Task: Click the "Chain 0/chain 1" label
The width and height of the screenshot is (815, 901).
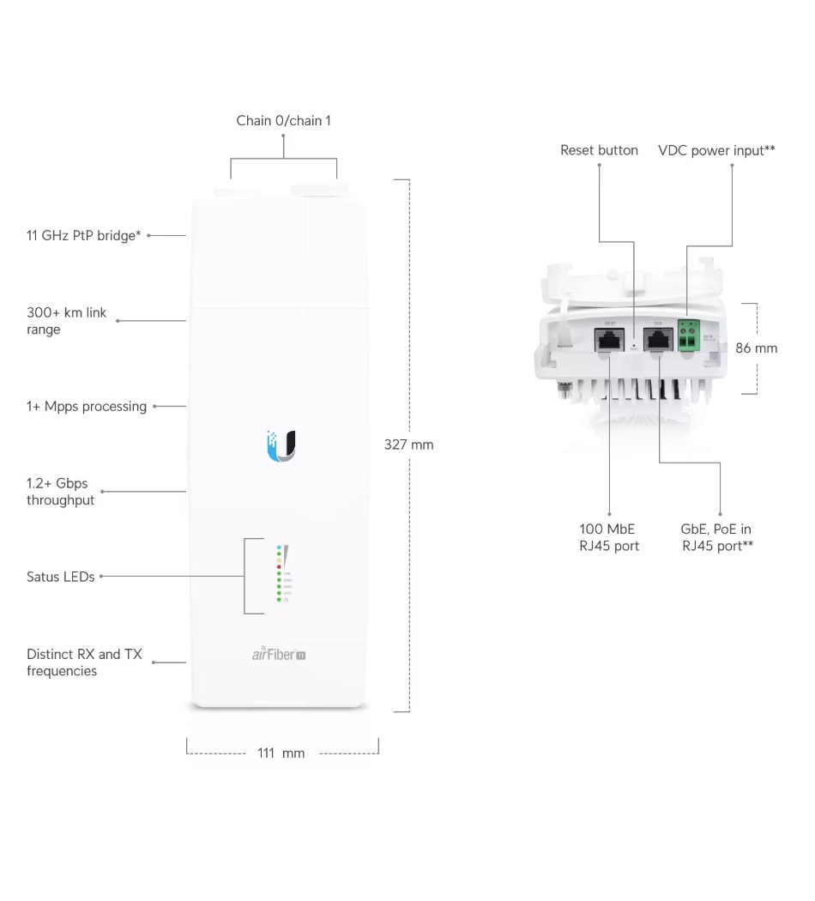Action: [283, 121]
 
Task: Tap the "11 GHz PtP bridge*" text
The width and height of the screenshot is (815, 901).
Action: [83, 234]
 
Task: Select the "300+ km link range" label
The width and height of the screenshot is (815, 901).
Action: [67, 321]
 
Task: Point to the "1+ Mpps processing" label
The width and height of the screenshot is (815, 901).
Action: [87, 406]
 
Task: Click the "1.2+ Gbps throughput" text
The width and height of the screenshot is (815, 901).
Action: [60, 492]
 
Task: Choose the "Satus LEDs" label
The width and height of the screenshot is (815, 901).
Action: [60, 577]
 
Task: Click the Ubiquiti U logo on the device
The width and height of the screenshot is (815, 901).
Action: [281, 445]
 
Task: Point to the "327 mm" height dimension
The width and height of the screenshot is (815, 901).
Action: [408, 444]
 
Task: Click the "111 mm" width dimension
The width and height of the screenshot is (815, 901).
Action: [281, 753]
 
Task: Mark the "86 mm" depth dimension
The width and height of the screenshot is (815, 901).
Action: [756, 348]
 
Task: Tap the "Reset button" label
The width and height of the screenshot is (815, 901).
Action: [599, 150]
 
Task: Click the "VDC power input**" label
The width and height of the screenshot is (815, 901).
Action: [716, 150]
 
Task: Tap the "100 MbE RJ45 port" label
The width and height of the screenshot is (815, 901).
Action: [609, 537]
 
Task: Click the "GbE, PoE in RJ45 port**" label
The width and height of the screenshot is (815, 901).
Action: [717, 537]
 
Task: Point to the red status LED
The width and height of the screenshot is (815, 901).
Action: [279, 567]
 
